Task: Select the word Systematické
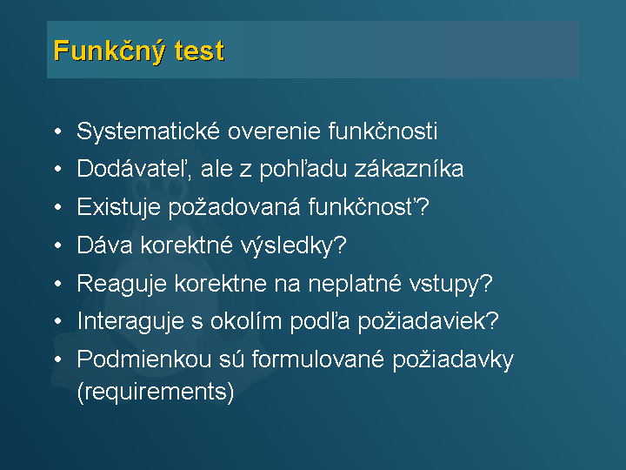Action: [x=148, y=131]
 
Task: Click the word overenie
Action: [x=274, y=131]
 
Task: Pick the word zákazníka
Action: [x=409, y=169]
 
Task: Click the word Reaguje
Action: [x=122, y=284]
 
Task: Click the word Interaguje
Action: [x=130, y=321]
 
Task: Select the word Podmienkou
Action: [x=143, y=359]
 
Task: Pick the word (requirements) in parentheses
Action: [x=156, y=392]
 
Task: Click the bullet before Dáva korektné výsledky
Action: [x=58, y=245]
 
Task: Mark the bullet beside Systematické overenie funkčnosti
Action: [x=58, y=131]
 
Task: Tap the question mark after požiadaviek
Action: [x=493, y=320]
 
